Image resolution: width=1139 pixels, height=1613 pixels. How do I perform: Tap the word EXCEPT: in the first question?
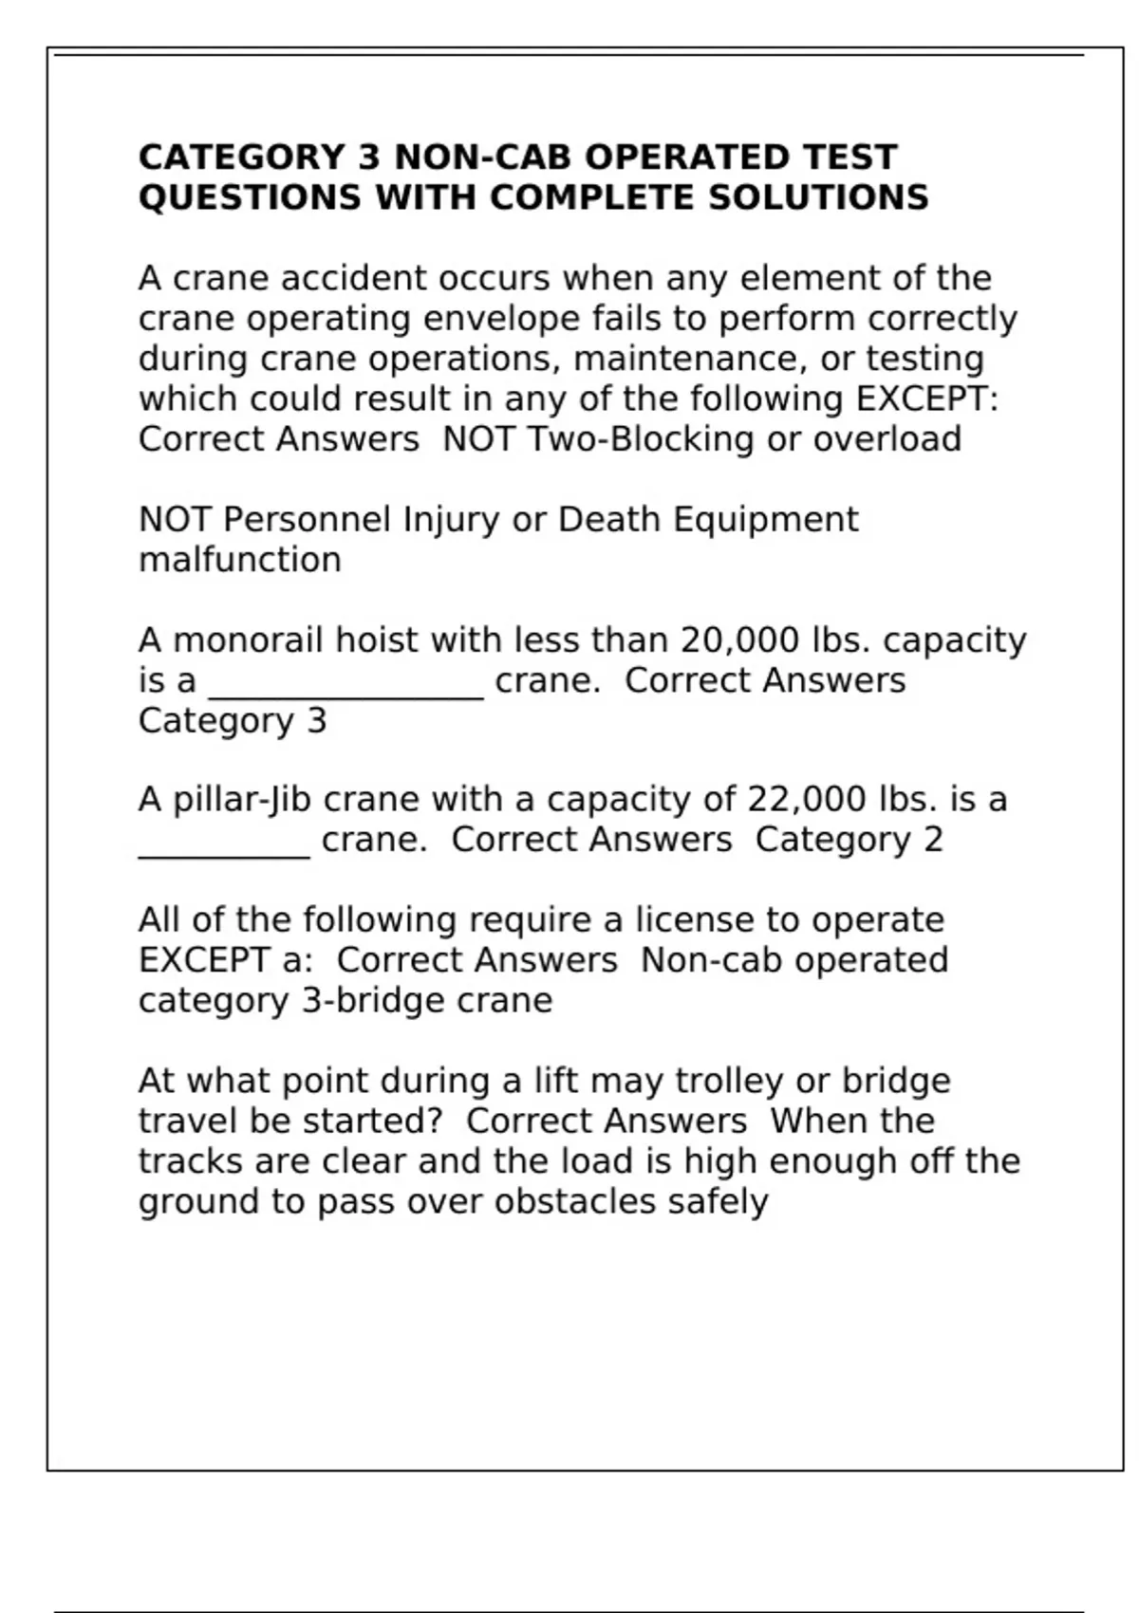(x=927, y=399)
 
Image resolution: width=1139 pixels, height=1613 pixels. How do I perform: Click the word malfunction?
(x=239, y=560)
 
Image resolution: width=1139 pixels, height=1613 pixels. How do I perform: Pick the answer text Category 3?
(x=233, y=721)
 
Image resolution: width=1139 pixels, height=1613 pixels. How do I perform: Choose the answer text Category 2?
(x=849, y=840)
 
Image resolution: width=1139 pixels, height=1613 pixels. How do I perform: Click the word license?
(x=694, y=920)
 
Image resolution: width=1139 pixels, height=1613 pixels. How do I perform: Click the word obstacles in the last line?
(x=575, y=1202)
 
